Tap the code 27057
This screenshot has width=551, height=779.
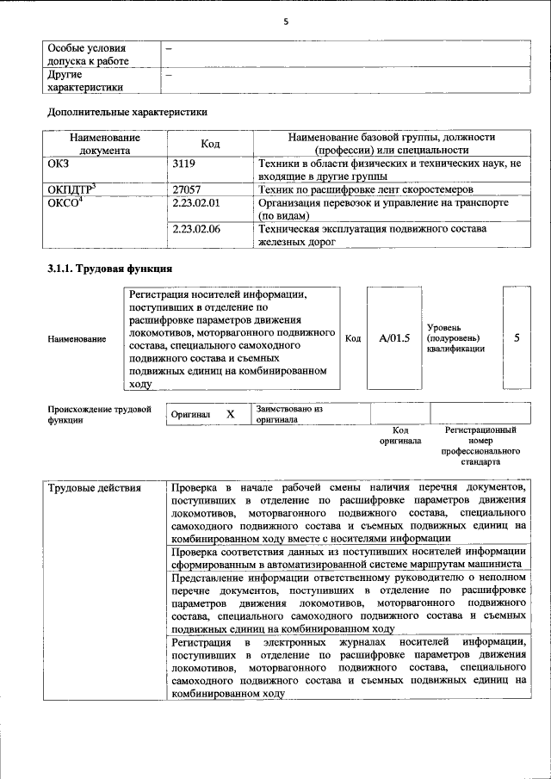click(187, 189)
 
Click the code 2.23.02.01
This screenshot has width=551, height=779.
click(196, 202)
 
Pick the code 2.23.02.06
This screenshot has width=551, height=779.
click(196, 229)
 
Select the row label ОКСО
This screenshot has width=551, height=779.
click(65, 202)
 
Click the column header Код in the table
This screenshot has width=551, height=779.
click(210, 144)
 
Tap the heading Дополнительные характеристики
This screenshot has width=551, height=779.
click(127, 111)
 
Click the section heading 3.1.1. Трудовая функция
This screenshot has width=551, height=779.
click(111, 269)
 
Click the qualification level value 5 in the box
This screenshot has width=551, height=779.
click(517, 338)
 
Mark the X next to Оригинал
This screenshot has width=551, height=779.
click(230, 414)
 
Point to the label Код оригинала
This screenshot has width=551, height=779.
click(400, 435)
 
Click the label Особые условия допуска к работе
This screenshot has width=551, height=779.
click(87, 54)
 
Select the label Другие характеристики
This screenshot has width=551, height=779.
click(85, 80)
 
